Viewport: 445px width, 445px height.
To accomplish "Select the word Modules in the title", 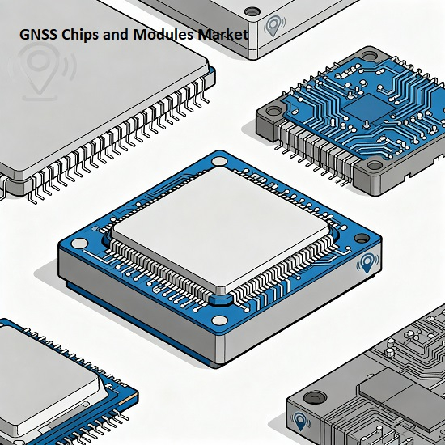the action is (163, 34).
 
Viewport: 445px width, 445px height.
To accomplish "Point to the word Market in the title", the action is (223, 34).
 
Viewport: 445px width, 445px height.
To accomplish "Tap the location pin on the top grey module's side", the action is (274, 26).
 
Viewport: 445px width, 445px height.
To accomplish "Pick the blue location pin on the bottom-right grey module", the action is (300, 422).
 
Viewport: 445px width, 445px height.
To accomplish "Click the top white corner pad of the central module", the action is (219, 161).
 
